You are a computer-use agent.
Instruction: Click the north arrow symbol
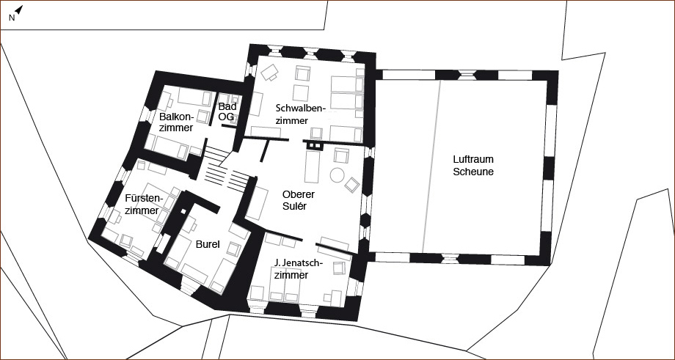pos(19,10)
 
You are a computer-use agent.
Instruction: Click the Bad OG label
pos(227,111)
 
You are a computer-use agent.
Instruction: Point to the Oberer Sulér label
pos(299,200)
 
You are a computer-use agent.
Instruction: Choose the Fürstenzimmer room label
pos(143,205)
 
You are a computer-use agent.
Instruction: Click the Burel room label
pos(208,245)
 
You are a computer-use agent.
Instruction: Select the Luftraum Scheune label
pos(473,166)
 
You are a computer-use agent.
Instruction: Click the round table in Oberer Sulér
pos(337,175)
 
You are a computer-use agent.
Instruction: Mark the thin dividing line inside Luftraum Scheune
pos(431,166)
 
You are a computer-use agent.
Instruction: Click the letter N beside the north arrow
pos(12,18)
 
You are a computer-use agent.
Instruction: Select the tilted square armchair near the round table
pos(351,185)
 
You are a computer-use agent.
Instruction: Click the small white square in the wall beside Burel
pos(183,212)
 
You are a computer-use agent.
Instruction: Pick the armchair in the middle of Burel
pos(233,249)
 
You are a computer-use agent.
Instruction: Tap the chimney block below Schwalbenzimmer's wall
pos(314,146)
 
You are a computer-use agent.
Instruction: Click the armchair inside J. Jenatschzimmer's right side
pos(339,268)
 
